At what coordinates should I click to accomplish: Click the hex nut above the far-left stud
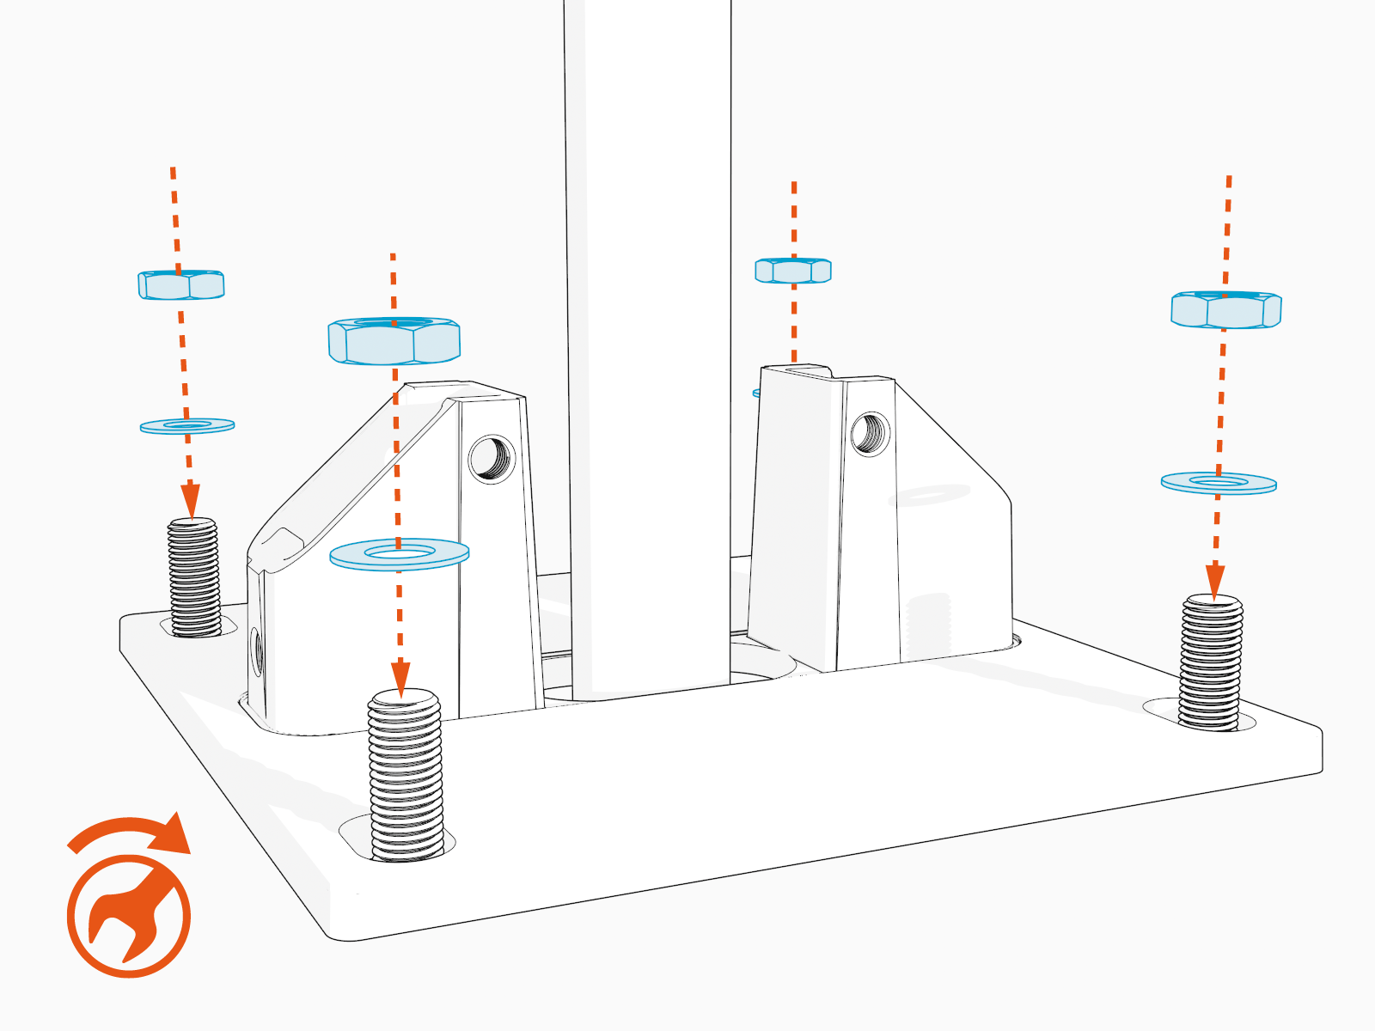coord(181,285)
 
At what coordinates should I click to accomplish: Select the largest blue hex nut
coord(394,341)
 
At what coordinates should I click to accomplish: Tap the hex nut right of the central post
coord(793,271)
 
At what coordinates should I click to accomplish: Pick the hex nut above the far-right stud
coord(1226,310)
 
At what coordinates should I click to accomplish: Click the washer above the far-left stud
coord(187,425)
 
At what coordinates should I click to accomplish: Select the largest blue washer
coord(400,554)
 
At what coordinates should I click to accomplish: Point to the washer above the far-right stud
coord(1219,483)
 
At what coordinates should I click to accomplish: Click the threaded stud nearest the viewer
coord(405,773)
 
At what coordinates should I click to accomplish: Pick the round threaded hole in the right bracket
coord(870,434)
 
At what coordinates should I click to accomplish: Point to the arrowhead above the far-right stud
coord(1215,581)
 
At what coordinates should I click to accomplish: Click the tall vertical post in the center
coord(649,344)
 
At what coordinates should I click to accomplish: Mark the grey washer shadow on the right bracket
coord(929,495)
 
